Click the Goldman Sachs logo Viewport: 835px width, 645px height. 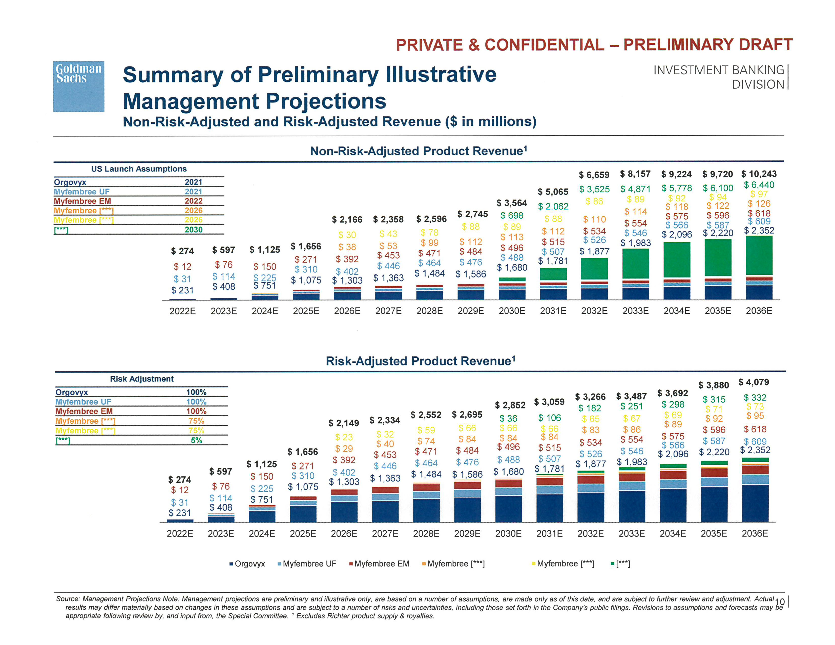pos(78,86)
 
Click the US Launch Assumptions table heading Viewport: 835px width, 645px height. pos(139,169)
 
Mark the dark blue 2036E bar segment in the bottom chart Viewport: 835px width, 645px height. pos(755,503)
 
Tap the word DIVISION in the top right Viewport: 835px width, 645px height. pos(758,84)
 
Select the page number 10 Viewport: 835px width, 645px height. pos(780,602)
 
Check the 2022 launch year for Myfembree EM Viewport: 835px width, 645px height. pos(194,201)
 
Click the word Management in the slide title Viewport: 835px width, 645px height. pos(191,101)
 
